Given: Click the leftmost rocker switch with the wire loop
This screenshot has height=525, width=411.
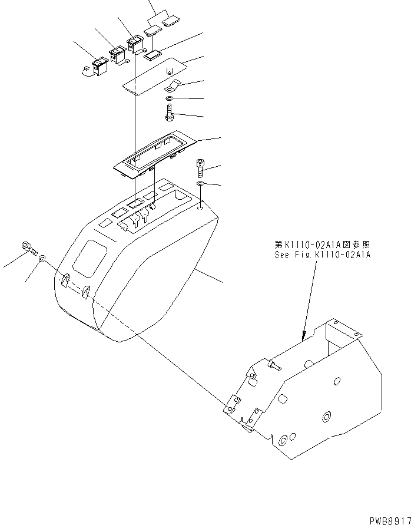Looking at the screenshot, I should pyautogui.click(x=99, y=65).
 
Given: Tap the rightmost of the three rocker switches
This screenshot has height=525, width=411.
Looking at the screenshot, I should pyautogui.click(x=135, y=44).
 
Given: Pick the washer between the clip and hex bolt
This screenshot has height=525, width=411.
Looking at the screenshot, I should pyautogui.click(x=170, y=97).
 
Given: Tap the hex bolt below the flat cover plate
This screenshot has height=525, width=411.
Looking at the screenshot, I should pyautogui.click(x=169, y=111).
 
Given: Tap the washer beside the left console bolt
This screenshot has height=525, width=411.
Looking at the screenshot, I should pyautogui.click(x=42, y=259).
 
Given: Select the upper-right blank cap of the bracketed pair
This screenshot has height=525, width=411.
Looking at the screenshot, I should pyautogui.click(x=170, y=22).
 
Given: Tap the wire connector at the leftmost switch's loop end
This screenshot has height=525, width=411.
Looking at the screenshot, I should pyautogui.click(x=82, y=71).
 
